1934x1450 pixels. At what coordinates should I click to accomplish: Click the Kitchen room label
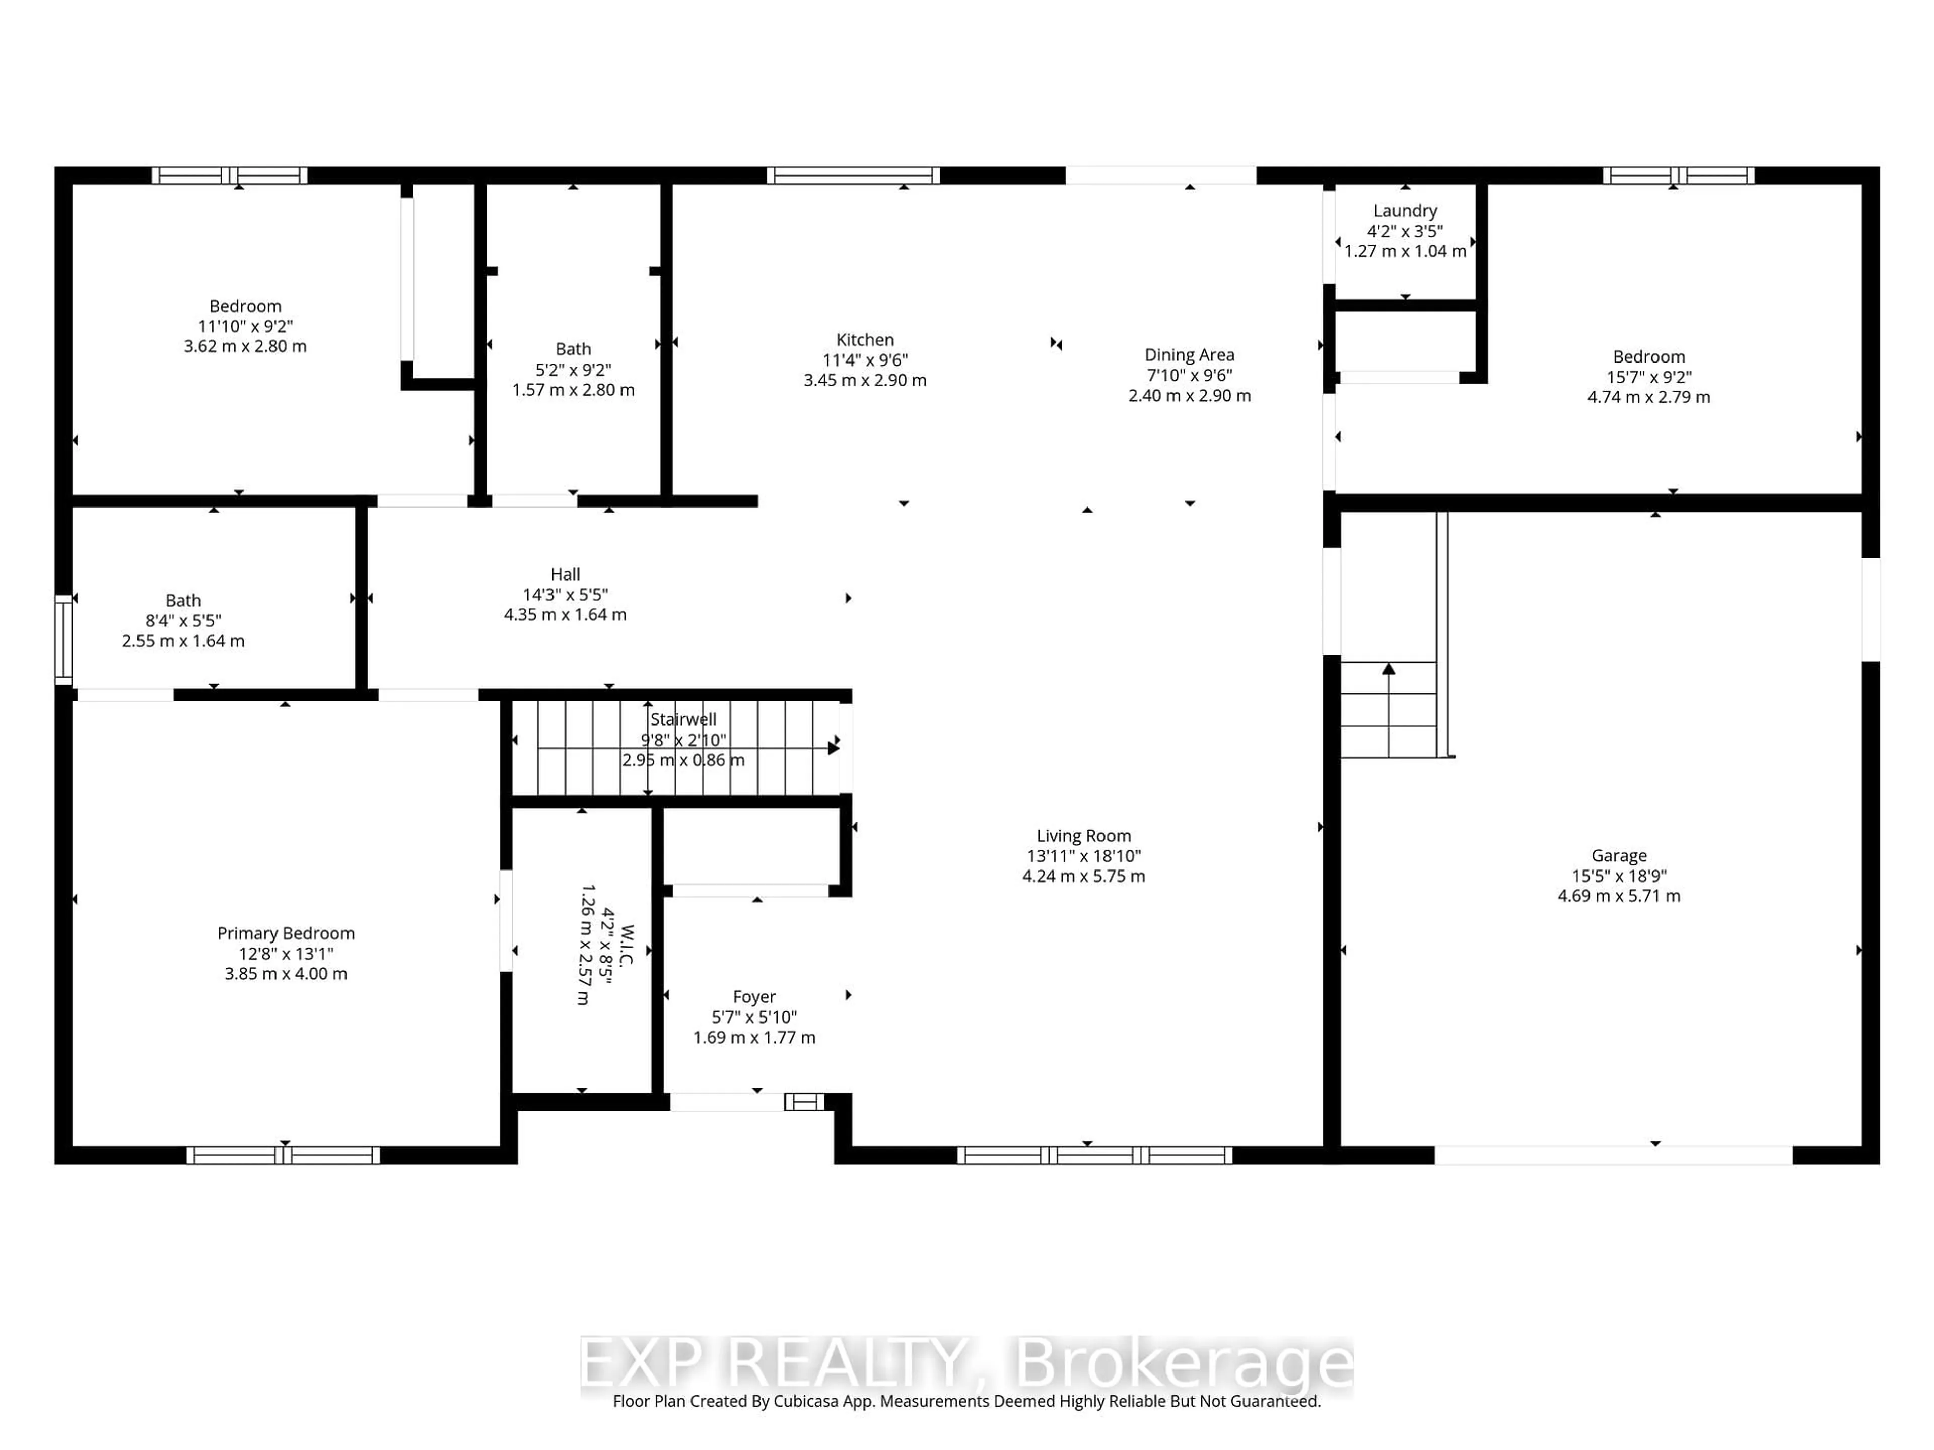point(865,340)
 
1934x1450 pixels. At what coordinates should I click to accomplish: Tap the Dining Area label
point(1189,355)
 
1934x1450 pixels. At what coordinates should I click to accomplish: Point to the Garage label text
point(1618,856)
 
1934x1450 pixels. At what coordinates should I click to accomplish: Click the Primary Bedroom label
point(286,933)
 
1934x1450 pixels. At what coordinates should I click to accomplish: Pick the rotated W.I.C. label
point(626,946)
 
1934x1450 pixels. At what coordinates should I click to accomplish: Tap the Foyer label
point(753,996)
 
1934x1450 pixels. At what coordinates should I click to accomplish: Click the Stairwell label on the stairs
point(683,719)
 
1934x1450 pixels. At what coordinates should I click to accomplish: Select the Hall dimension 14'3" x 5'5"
point(565,594)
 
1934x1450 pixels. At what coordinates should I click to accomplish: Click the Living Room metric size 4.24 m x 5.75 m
point(1083,876)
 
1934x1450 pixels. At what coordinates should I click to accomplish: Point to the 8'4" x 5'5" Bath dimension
point(183,621)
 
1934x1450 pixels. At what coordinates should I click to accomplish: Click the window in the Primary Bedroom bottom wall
point(283,1155)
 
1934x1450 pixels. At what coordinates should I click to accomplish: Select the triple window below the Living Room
point(1094,1155)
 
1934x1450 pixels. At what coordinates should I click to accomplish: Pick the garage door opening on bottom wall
point(1613,1155)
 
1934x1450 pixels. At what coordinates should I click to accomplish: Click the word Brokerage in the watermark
point(1182,1362)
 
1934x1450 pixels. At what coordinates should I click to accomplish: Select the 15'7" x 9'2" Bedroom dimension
point(1648,377)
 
